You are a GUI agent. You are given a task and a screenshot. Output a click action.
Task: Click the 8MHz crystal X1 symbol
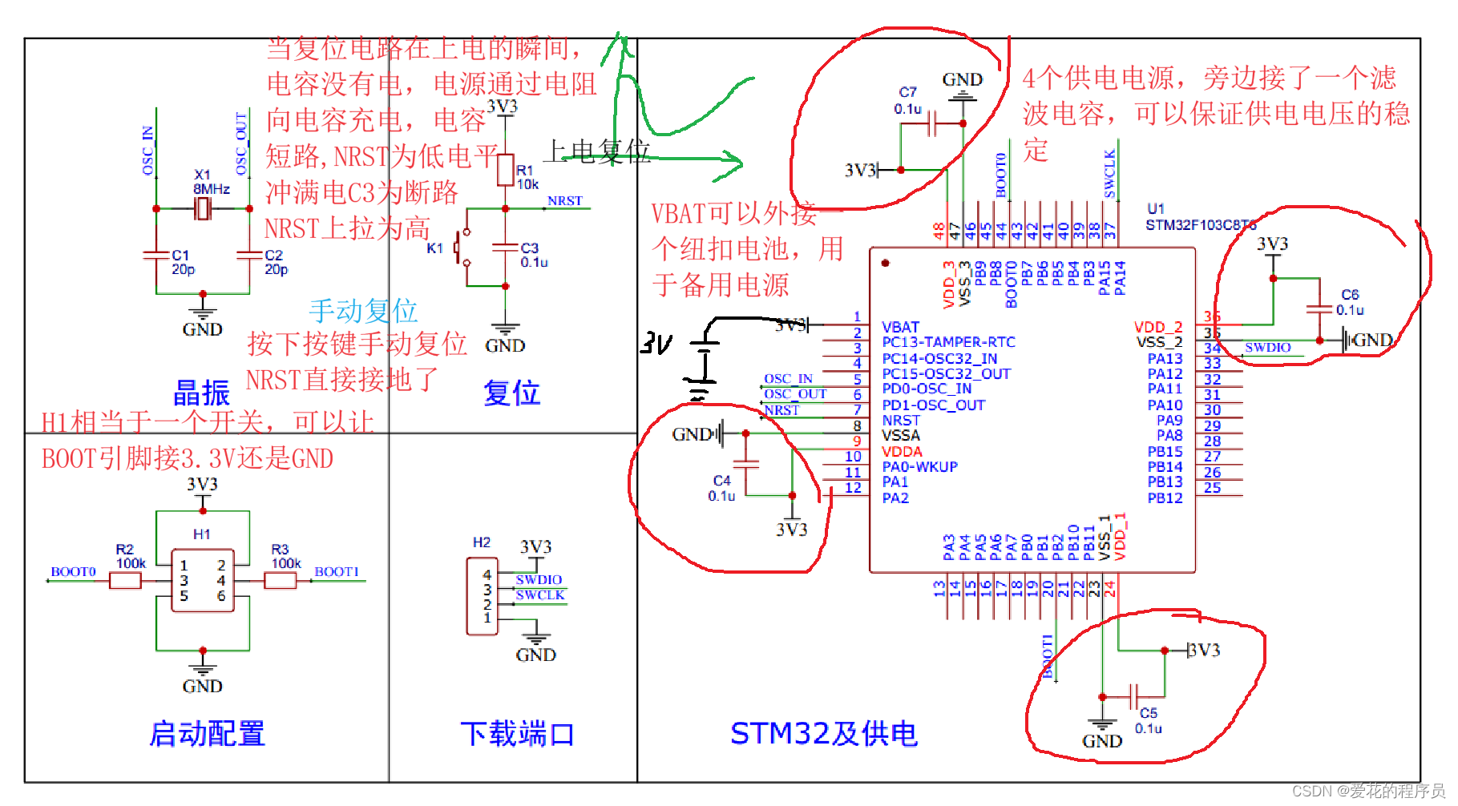(x=204, y=209)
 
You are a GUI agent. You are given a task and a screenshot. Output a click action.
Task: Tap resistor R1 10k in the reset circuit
(x=505, y=170)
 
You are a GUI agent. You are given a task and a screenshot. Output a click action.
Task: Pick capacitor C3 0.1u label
(x=533, y=255)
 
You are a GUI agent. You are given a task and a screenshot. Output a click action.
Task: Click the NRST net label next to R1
(x=564, y=201)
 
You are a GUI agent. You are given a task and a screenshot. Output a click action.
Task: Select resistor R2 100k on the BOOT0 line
(x=126, y=580)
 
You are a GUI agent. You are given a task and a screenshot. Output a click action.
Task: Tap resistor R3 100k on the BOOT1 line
(x=281, y=580)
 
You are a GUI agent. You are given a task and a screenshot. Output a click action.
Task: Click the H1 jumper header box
(x=203, y=580)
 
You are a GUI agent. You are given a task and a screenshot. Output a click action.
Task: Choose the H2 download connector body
(x=483, y=596)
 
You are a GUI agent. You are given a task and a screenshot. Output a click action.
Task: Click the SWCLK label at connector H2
(x=539, y=595)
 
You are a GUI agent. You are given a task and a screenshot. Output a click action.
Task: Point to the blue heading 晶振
(x=201, y=393)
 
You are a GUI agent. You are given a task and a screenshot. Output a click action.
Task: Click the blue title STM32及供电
(x=823, y=733)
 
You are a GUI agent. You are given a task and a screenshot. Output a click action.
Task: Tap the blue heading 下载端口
(x=517, y=733)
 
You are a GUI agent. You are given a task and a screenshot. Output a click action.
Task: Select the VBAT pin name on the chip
(x=900, y=327)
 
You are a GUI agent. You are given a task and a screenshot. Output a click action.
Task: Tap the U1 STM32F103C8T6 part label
(x=1199, y=218)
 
